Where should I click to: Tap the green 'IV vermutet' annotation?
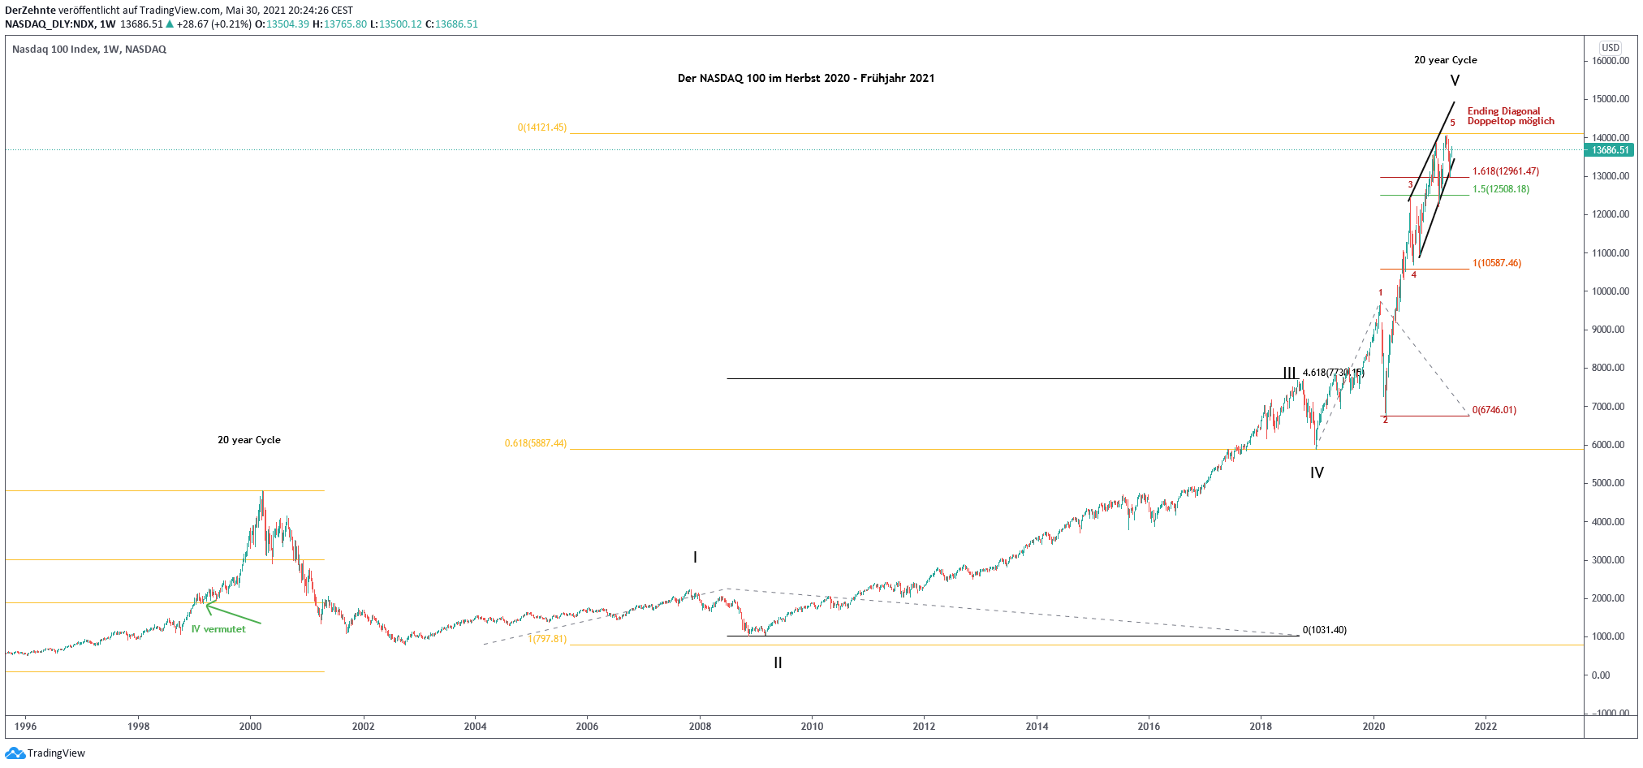pos(218,629)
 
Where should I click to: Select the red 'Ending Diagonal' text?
pos(1503,111)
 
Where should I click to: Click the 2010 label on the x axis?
pos(812,726)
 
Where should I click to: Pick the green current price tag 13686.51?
pos(1611,150)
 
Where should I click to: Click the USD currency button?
pos(1611,48)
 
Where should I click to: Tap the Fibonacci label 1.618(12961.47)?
pos(1505,171)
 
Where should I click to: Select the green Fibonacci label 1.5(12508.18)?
pos(1500,189)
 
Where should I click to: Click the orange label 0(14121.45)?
pos(542,127)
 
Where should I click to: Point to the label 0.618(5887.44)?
pos(536,443)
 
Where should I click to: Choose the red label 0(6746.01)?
pos(1494,410)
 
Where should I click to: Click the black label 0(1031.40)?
pos(1324,630)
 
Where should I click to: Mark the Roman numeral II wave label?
pos(778,662)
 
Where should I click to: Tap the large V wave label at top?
pos(1455,80)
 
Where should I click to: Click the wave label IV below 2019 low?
pos(1317,472)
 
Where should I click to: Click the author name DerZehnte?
pos(30,10)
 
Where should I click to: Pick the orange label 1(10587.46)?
pos(1496,263)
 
